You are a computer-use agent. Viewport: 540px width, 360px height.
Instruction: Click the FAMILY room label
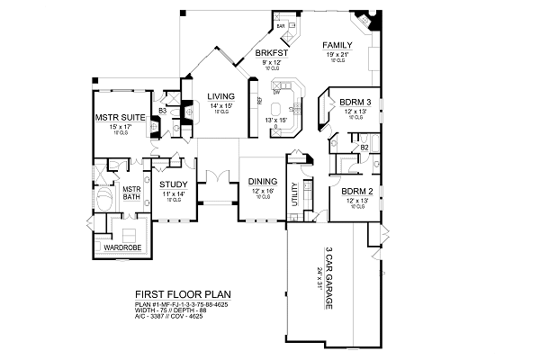click(337, 45)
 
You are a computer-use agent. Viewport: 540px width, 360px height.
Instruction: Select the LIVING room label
click(221, 96)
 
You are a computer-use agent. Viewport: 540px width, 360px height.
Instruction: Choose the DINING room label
click(263, 181)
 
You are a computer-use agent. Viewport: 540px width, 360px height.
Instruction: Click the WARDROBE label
click(120, 246)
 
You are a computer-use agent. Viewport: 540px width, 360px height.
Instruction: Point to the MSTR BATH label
click(133, 194)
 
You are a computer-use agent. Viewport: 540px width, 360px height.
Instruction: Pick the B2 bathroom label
click(364, 146)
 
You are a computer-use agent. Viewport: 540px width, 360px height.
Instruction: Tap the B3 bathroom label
click(162, 111)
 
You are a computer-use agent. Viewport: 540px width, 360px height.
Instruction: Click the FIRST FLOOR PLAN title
click(171, 294)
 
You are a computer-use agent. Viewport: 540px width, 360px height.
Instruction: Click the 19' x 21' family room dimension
click(337, 55)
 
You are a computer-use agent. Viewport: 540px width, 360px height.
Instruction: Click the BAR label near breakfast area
click(280, 26)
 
